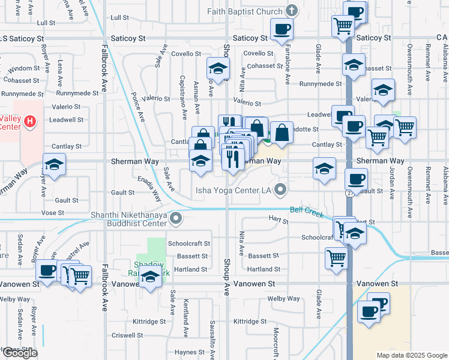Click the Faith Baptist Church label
coord(245,11)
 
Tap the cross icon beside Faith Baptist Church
coord(291,11)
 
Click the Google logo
coord(19,353)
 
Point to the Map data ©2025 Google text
coord(412,355)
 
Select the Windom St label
coord(23,68)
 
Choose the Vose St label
coord(53,213)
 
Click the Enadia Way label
coord(149,188)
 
